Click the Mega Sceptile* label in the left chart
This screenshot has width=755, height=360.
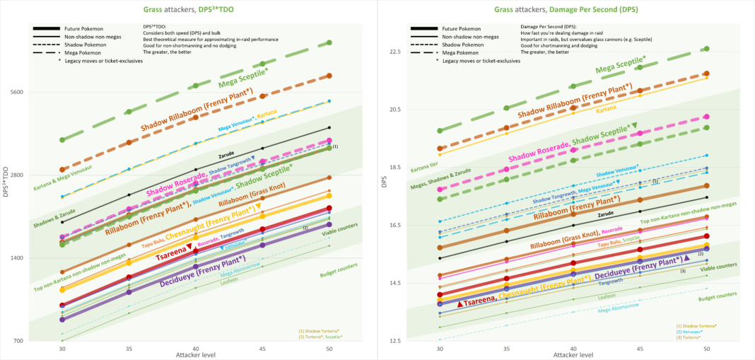point(243,79)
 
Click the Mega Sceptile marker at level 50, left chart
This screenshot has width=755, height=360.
point(329,43)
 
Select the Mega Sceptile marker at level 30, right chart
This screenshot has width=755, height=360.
point(440,131)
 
